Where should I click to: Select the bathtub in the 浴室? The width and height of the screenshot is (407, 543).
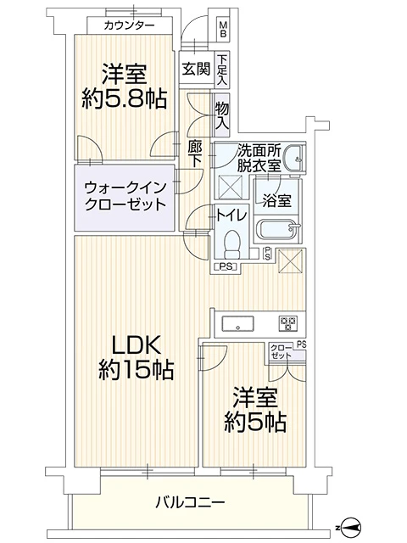click(276, 230)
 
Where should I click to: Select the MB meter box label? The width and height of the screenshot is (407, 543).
click(223, 30)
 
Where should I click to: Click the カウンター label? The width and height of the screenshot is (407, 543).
click(129, 25)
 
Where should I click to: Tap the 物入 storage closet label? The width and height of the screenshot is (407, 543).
click(221, 115)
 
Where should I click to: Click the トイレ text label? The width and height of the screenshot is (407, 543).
click(231, 216)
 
